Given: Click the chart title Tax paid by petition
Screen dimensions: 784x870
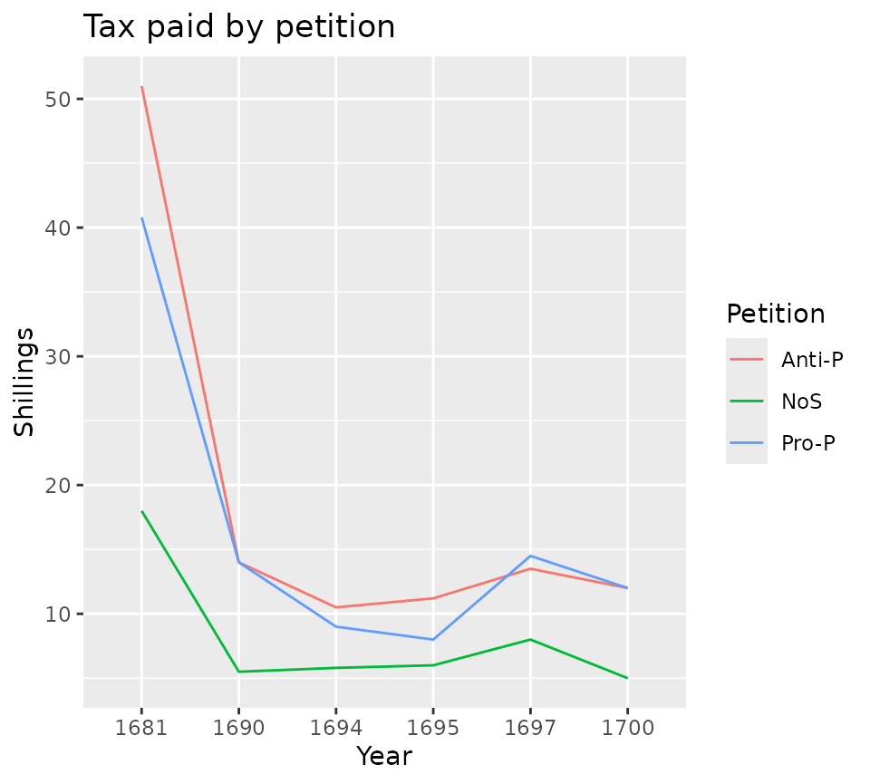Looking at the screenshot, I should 239,27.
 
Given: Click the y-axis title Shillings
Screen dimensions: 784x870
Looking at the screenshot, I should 25,382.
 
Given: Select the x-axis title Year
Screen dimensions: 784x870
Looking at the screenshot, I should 384,756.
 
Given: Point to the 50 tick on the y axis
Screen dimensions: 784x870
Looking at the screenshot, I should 59,99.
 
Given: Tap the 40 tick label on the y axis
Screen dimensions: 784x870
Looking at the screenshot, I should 59,227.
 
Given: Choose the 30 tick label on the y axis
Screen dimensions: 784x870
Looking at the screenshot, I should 59,356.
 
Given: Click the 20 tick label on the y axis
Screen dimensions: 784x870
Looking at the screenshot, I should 59,485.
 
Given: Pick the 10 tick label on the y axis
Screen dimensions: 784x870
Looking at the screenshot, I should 59,614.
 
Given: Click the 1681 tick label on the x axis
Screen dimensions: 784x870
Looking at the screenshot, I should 141,726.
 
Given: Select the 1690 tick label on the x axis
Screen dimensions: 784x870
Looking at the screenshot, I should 238,726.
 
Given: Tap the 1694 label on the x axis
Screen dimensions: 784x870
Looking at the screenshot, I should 335,726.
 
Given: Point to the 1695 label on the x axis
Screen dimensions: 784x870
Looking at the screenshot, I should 432,726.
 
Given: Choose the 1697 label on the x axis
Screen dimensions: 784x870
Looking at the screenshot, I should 529,726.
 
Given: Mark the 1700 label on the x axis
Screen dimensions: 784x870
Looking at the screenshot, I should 626,726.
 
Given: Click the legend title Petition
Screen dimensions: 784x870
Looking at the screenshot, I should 776,315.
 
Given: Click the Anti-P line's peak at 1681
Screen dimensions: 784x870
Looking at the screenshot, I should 141,87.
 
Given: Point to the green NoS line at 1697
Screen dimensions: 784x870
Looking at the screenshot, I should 529,640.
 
